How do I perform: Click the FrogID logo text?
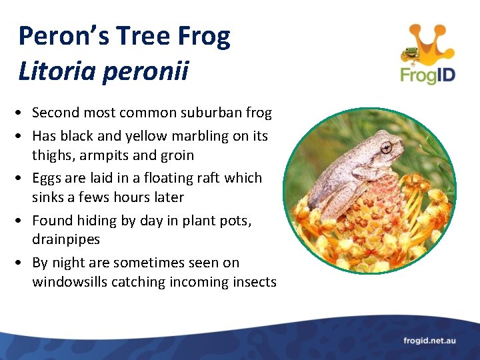coord(427,74)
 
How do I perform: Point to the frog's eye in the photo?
coord(385,147)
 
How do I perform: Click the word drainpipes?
coord(66,239)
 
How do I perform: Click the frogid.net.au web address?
coord(429,341)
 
